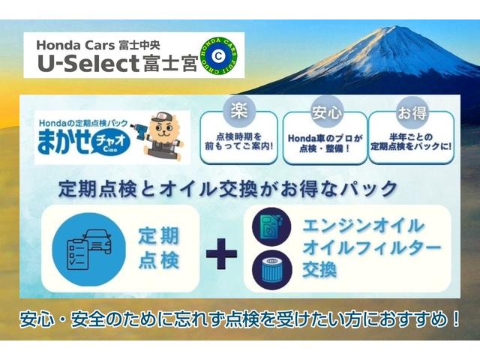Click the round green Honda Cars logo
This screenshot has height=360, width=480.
[x=217, y=54]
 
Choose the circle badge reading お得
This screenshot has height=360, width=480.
[x=410, y=113]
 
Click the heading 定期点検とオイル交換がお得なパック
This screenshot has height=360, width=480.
[x=238, y=186]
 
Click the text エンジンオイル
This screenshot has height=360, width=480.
[x=364, y=225]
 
